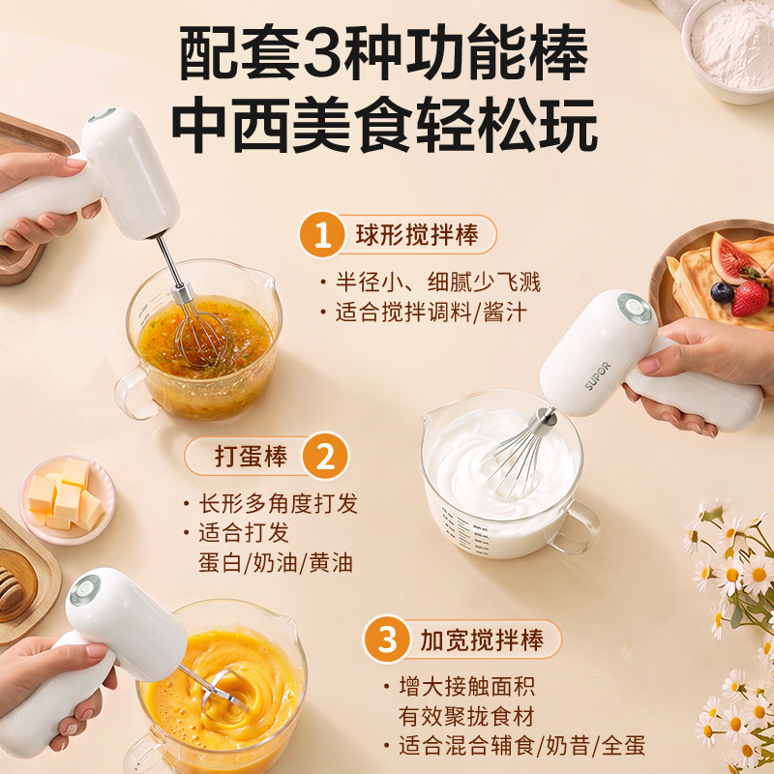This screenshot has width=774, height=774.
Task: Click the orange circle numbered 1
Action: pyautogui.click(x=322, y=235)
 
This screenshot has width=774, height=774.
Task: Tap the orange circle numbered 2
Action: pyautogui.click(x=326, y=456)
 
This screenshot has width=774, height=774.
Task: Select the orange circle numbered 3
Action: pyautogui.click(x=387, y=640)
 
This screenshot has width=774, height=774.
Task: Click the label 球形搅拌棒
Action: pyautogui.click(x=417, y=235)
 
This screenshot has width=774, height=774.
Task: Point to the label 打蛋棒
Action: pyautogui.click(x=252, y=456)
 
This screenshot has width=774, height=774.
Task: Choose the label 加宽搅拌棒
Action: pyautogui.click(x=481, y=640)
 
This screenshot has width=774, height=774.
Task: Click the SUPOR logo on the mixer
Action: pyautogui.click(x=598, y=375)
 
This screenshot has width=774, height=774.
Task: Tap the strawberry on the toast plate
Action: pyautogui.click(x=749, y=298)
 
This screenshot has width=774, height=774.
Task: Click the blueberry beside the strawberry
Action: pyautogui.click(x=722, y=293)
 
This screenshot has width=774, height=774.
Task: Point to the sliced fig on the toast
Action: pyautogui.click(x=730, y=256)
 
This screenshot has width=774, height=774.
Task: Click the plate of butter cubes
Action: pyautogui.click(x=68, y=499)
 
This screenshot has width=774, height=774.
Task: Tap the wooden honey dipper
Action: pyautogui.click(x=11, y=587)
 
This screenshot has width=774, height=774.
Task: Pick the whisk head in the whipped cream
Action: pyautogui.click(x=516, y=454)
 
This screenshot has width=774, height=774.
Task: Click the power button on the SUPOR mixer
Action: pyautogui.click(x=635, y=309)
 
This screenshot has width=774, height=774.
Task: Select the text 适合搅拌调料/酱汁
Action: pyautogui.click(x=431, y=313)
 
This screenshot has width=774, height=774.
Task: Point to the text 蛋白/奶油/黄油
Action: pyautogui.click(x=276, y=563)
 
